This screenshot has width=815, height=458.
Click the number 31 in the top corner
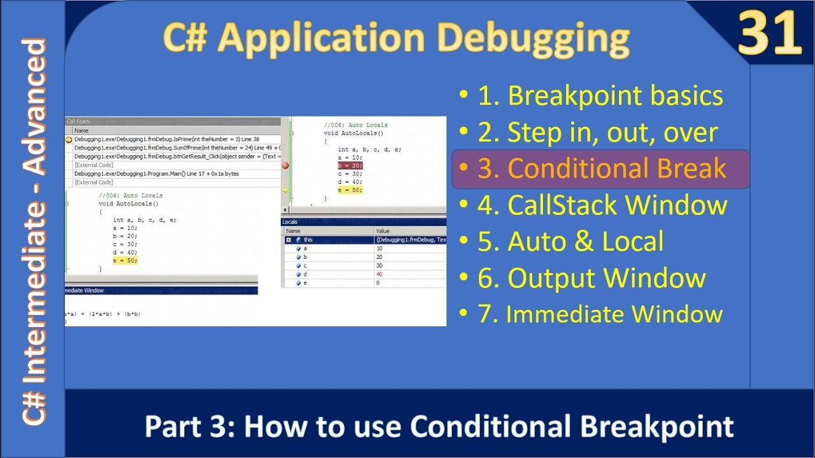click(x=769, y=34)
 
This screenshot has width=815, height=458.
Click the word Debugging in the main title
click(x=533, y=38)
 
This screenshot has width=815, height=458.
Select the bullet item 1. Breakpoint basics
click(x=600, y=95)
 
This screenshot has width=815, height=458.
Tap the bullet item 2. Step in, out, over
click(x=597, y=132)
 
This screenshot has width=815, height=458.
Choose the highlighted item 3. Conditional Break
click(x=601, y=169)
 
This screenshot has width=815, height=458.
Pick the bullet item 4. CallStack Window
click(x=602, y=205)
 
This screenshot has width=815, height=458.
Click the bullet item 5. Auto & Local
click(x=570, y=242)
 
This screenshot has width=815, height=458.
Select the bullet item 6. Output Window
click(x=591, y=278)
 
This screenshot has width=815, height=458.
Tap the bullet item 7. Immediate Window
click(x=600, y=314)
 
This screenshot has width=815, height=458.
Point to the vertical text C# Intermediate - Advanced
click(x=34, y=232)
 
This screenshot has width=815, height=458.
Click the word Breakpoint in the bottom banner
click(x=658, y=426)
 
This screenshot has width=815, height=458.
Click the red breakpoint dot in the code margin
click(x=285, y=165)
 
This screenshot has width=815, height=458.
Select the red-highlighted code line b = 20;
click(x=350, y=165)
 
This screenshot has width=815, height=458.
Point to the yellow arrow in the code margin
click(x=285, y=190)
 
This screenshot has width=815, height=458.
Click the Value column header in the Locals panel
click(x=383, y=231)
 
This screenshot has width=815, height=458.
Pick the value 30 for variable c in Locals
click(x=379, y=265)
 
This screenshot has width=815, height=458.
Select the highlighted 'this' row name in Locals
click(x=308, y=240)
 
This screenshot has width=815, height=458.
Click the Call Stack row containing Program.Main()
click(x=156, y=174)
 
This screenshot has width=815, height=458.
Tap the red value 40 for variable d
click(x=379, y=274)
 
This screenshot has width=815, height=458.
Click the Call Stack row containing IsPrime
click(x=167, y=139)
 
